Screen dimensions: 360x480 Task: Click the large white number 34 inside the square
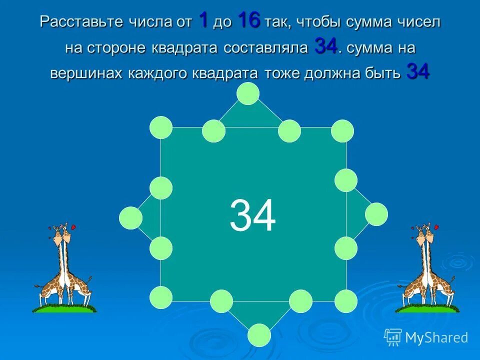(x=252, y=216)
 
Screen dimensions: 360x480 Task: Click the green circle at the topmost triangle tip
(x=248, y=93)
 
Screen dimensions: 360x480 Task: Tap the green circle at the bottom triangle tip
(x=258, y=335)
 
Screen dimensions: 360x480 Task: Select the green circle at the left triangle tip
(x=130, y=218)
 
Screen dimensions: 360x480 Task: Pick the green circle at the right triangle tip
(x=376, y=214)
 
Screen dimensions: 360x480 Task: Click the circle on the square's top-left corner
(x=161, y=127)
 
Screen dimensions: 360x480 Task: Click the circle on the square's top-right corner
(x=342, y=131)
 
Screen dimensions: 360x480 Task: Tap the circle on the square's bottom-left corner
(x=161, y=298)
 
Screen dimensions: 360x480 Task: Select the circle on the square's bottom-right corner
(x=345, y=301)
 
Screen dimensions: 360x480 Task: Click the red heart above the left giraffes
(x=73, y=227)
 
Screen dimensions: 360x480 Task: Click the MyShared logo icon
(x=393, y=337)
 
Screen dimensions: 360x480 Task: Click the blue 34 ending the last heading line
(x=418, y=72)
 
